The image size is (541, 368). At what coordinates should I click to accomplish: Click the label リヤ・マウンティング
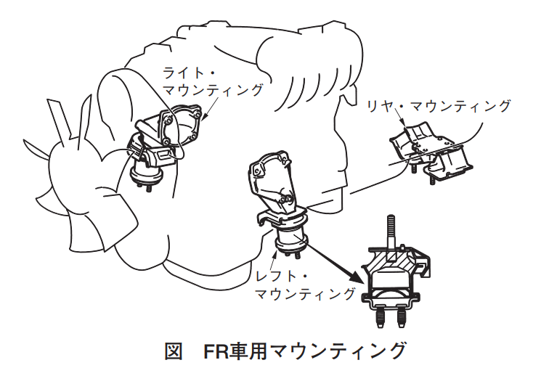[439, 106]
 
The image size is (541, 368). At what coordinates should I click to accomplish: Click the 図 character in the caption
[174, 351]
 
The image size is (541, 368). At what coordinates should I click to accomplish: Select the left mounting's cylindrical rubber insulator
[292, 240]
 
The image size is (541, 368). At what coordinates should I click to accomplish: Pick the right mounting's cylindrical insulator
[146, 174]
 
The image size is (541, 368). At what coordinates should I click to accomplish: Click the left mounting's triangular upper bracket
[272, 182]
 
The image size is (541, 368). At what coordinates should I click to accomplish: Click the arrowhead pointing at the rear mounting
[404, 122]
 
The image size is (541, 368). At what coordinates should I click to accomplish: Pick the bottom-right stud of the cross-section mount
[402, 316]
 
